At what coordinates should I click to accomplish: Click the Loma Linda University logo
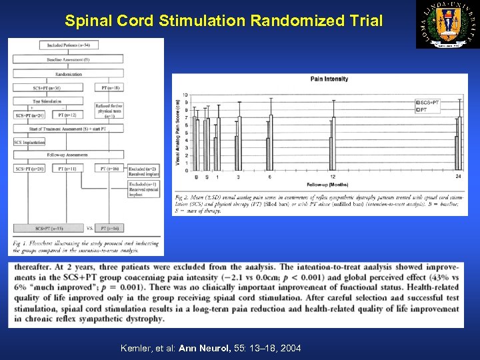click(x=447, y=25)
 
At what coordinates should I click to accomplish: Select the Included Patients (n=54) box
click(x=68, y=45)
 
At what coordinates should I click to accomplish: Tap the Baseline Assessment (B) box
click(x=68, y=60)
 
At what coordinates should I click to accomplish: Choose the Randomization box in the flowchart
click(x=68, y=74)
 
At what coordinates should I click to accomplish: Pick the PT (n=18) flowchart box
click(x=109, y=87)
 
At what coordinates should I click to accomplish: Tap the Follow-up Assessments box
click(x=68, y=155)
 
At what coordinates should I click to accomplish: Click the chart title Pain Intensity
click(x=329, y=79)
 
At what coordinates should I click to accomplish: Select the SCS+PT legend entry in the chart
click(x=427, y=103)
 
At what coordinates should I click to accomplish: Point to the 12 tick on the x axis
click(x=332, y=177)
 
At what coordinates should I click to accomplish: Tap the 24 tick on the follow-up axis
click(x=458, y=177)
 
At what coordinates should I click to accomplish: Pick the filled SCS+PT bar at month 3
click(x=236, y=153)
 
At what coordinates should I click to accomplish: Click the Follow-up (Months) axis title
click(x=327, y=184)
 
